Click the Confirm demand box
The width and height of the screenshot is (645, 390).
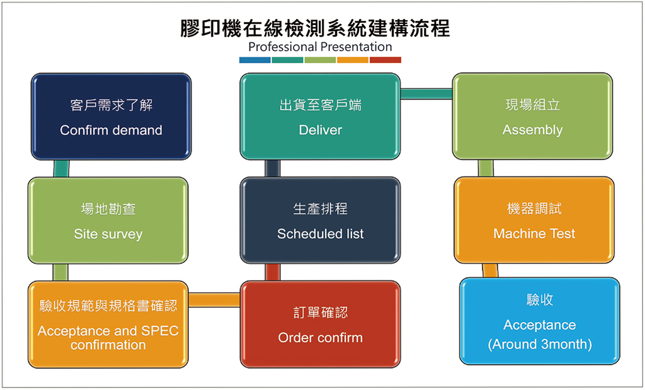(111, 117)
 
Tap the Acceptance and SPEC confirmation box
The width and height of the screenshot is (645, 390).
(108, 324)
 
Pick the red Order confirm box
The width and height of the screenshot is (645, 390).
(320, 324)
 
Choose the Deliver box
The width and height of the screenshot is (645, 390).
(320, 117)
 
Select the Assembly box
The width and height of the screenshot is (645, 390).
(532, 117)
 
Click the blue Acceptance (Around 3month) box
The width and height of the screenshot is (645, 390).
(539, 321)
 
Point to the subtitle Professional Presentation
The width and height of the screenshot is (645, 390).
(320, 47)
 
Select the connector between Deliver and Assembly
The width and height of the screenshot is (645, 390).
(426, 94)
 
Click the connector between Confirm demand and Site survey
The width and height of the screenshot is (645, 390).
(61, 168)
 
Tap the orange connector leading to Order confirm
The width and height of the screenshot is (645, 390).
(214, 300)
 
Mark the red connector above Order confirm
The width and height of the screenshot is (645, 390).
(273, 272)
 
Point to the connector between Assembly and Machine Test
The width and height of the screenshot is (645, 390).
(486, 168)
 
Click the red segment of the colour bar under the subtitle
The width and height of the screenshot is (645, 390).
(385, 60)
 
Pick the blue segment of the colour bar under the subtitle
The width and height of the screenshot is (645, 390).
(255, 60)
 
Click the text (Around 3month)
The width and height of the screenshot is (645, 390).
(539, 345)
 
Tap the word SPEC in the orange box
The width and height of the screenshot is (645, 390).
(161, 331)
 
